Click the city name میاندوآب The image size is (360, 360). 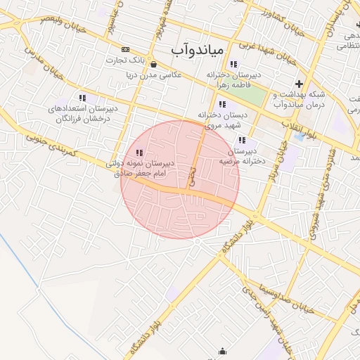point(198,49)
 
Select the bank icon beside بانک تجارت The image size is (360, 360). point(126,49)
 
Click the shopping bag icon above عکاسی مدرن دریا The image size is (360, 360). point(153,64)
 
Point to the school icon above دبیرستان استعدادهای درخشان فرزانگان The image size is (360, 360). point(82,98)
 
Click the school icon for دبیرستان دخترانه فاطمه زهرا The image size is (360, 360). point(233,64)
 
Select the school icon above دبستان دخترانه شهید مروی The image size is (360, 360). point(222,104)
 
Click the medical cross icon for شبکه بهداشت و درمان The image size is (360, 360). point(300,84)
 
